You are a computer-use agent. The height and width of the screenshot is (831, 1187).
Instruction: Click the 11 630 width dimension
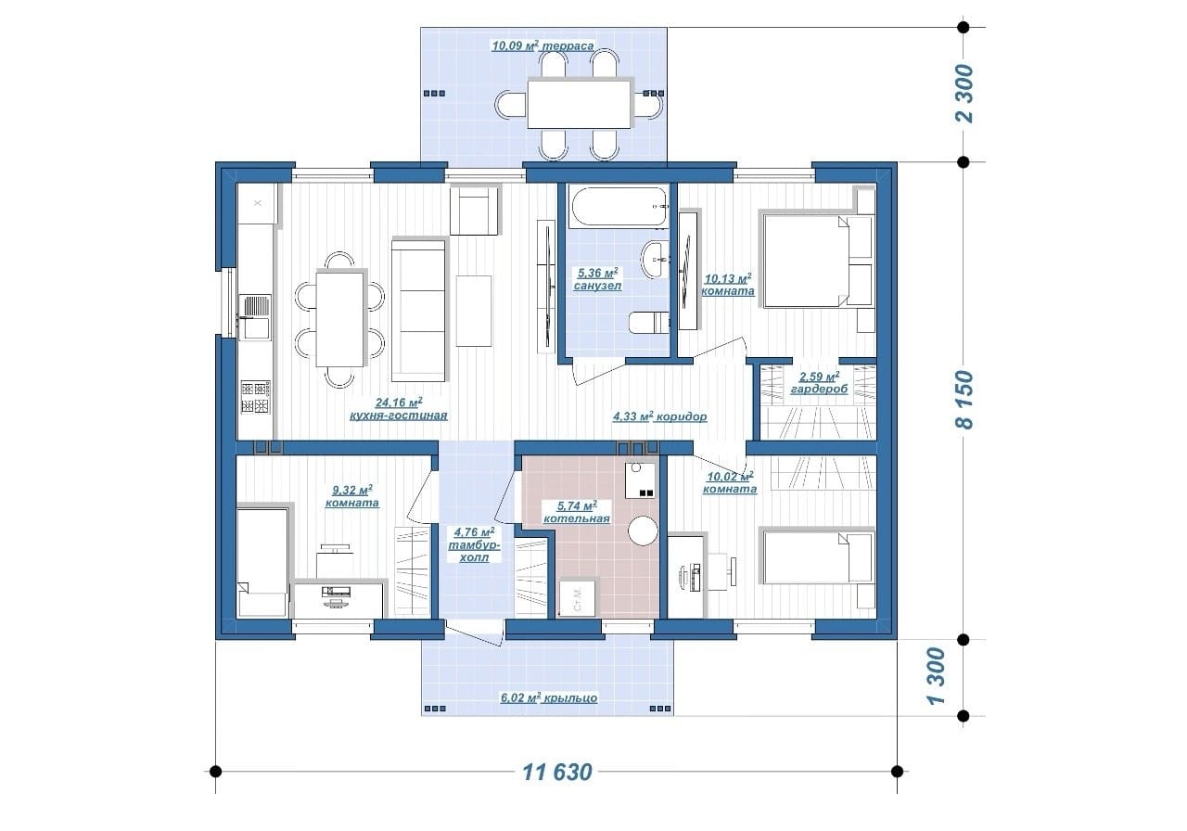[x=557, y=773]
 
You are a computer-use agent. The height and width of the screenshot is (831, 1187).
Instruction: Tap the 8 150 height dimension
[x=964, y=400]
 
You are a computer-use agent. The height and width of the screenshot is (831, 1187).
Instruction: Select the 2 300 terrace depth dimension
[x=964, y=94]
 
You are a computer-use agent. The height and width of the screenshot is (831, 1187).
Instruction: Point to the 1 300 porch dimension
[x=937, y=676]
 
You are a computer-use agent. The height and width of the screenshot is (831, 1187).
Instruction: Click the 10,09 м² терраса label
[x=542, y=45]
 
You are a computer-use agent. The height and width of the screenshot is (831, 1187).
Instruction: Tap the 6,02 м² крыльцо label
[x=549, y=697]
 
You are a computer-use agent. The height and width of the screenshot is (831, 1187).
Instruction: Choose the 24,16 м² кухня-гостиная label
[x=399, y=409]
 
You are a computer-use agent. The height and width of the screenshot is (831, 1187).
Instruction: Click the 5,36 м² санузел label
[x=598, y=279]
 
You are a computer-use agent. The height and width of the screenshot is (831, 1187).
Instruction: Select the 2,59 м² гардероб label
[x=819, y=383]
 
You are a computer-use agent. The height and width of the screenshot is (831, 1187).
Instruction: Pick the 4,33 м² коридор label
[x=659, y=416]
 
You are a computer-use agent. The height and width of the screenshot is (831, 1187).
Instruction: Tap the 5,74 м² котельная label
[x=577, y=511]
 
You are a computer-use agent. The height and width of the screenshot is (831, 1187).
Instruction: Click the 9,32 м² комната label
[x=351, y=495]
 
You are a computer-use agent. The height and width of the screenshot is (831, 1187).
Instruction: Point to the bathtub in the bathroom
[x=618, y=207]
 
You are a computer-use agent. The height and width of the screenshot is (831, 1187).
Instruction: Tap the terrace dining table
[x=580, y=104]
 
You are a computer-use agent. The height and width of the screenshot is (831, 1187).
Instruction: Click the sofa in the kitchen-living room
[x=418, y=310]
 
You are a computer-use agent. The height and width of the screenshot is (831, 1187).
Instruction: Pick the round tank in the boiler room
[x=643, y=531]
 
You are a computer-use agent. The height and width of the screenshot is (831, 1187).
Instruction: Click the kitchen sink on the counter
[x=255, y=317]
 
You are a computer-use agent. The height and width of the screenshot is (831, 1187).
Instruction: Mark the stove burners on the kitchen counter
[x=255, y=397]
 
